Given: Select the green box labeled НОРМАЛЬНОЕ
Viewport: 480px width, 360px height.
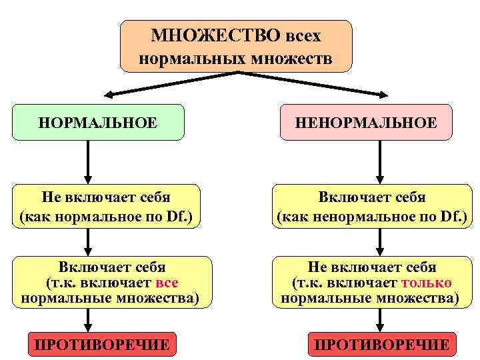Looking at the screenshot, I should (x=98, y=123).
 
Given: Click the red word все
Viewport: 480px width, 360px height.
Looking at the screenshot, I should (x=166, y=283).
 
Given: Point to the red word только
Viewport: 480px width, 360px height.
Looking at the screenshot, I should (x=426, y=283).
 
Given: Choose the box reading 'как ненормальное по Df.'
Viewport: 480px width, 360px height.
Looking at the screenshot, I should (x=372, y=207).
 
